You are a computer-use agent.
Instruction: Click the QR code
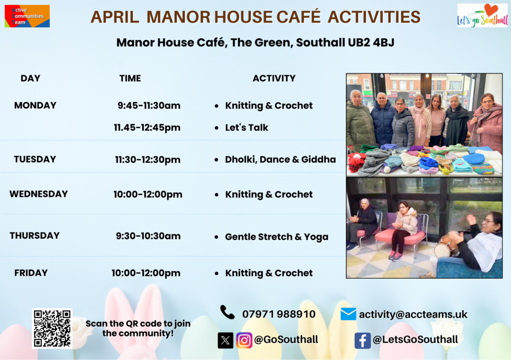point(52,328)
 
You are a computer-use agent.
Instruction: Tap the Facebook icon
point(362,341)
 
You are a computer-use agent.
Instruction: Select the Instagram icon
point(244,341)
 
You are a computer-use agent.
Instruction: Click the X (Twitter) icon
point(226,341)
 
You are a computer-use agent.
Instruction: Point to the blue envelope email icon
point(348,314)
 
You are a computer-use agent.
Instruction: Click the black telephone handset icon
point(227,312)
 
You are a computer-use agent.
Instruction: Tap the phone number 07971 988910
point(278,314)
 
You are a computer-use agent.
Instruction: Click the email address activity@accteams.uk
point(413,315)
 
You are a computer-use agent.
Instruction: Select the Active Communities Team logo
point(27,16)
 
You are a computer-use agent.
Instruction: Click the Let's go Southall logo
point(483,15)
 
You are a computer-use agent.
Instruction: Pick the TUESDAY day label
point(35,159)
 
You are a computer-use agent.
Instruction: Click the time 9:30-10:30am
point(148,236)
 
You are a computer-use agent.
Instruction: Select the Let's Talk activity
point(247,127)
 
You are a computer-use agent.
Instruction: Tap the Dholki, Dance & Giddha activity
point(280,159)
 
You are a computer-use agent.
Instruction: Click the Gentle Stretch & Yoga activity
point(276,237)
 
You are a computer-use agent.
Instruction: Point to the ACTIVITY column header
point(274,78)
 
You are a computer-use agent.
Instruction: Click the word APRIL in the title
point(115,17)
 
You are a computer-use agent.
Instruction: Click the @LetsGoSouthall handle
point(415,340)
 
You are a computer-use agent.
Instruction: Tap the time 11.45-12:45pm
point(147,128)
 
